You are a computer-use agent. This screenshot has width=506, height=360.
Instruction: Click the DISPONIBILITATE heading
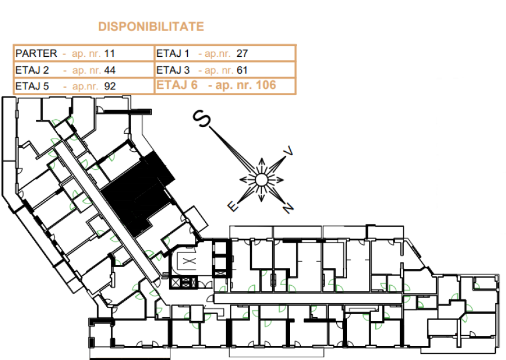pyautogui.click(x=151, y=26)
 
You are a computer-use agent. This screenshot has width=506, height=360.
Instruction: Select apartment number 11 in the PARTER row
pyautogui.click(x=110, y=53)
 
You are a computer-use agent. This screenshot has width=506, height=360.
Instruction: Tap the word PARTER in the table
pyautogui.click(x=36, y=53)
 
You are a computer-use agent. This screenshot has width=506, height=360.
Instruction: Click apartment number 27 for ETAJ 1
pyautogui.click(x=242, y=53)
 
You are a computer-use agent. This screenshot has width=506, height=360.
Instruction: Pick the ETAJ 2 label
pyautogui.click(x=32, y=70)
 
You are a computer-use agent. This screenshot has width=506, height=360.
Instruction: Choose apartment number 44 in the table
pyautogui.click(x=110, y=70)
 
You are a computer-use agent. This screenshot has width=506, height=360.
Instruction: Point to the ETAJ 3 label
pyautogui.click(x=173, y=70)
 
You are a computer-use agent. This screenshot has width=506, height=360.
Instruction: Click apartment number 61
pyautogui.click(x=242, y=70)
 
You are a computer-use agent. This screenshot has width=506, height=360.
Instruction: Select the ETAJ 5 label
pyautogui.click(x=32, y=86)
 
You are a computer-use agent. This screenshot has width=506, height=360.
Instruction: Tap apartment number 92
pyautogui.click(x=110, y=86)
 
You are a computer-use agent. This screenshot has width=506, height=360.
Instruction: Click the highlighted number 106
pyautogui.click(x=265, y=85)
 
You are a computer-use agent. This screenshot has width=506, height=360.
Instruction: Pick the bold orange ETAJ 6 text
pyautogui.click(x=177, y=85)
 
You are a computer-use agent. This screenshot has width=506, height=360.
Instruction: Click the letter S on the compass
pyautogui.click(x=202, y=119)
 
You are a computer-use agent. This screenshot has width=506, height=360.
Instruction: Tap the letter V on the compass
pyautogui.click(x=288, y=151)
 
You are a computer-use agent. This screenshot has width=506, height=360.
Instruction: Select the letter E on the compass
pyautogui.click(x=233, y=206)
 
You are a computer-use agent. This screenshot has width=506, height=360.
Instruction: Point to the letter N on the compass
pyautogui.click(x=288, y=208)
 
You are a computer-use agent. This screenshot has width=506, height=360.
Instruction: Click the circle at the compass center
pyautogui.click(x=261, y=180)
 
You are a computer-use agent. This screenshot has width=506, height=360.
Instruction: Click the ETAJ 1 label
pyautogui.click(x=173, y=53)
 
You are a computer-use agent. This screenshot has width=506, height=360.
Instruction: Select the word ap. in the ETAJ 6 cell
pyautogui.click(x=220, y=85)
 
